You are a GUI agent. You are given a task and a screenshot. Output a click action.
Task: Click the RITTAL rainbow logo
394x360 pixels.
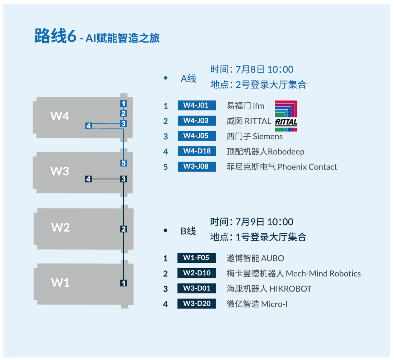pyautogui.click(x=286, y=116)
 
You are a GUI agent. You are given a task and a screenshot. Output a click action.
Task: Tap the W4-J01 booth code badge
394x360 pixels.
pyautogui.click(x=197, y=105)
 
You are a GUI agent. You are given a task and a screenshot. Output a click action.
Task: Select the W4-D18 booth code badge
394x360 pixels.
pyautogui.click(x=197, y=151)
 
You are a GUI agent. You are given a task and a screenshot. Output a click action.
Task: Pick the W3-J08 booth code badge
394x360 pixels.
pyautogui.click(x=197, y=167)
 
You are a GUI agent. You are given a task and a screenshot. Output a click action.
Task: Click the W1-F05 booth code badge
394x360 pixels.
pyautogui.click(x=197, y=258)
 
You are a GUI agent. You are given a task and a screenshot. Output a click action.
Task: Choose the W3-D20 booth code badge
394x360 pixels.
pyautogui.click(x=197, y=304)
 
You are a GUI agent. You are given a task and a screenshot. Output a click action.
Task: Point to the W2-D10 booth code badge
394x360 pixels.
pyautogui.click(x=197, y=273)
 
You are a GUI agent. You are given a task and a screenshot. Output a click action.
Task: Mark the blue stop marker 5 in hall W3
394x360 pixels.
pyautogui.click(x=123, y=163)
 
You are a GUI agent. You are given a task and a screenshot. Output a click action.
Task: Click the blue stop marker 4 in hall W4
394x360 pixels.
pyautogui.click(x=88, y=126)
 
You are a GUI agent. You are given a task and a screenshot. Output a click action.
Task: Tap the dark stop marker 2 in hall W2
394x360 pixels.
pyautogui.click(x=123, y=229)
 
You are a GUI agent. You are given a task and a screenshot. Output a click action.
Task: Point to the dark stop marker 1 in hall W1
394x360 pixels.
pyautogui.click(x=123, y=283)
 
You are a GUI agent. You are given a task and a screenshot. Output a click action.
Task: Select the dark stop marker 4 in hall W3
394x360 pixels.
pyautogui.click(x=88, y=179)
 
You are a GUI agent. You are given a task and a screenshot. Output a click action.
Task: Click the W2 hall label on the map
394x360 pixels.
pyautogui.click(x=60, y=227)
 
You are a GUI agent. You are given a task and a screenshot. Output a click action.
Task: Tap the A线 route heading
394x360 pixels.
pyautogui.click(x=188, y=79)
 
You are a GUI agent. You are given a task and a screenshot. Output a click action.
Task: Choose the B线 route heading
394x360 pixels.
pyautogui.click(x=188, y=231)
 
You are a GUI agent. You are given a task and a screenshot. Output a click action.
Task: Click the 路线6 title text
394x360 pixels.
pyautogui.click(x=55, y=36)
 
